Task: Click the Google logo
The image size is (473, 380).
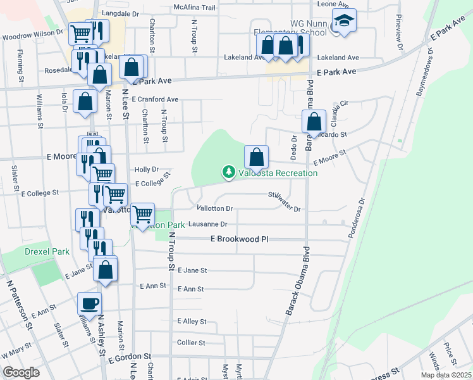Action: [x=21, y=372]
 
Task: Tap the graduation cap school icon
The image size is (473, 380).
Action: [x=344, y=23]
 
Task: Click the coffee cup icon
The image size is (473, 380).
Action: [x=89, y=302]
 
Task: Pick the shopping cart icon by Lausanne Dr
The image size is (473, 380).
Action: [x=143, y=215]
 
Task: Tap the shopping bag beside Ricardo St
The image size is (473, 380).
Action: [x=313, y=122]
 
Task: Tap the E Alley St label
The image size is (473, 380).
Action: [x=192, y=321]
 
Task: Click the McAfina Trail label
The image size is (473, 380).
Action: [x=195, y=8]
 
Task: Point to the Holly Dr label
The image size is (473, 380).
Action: [x=146, y=170]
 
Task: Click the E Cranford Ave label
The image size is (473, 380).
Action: [x=155, y=99]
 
